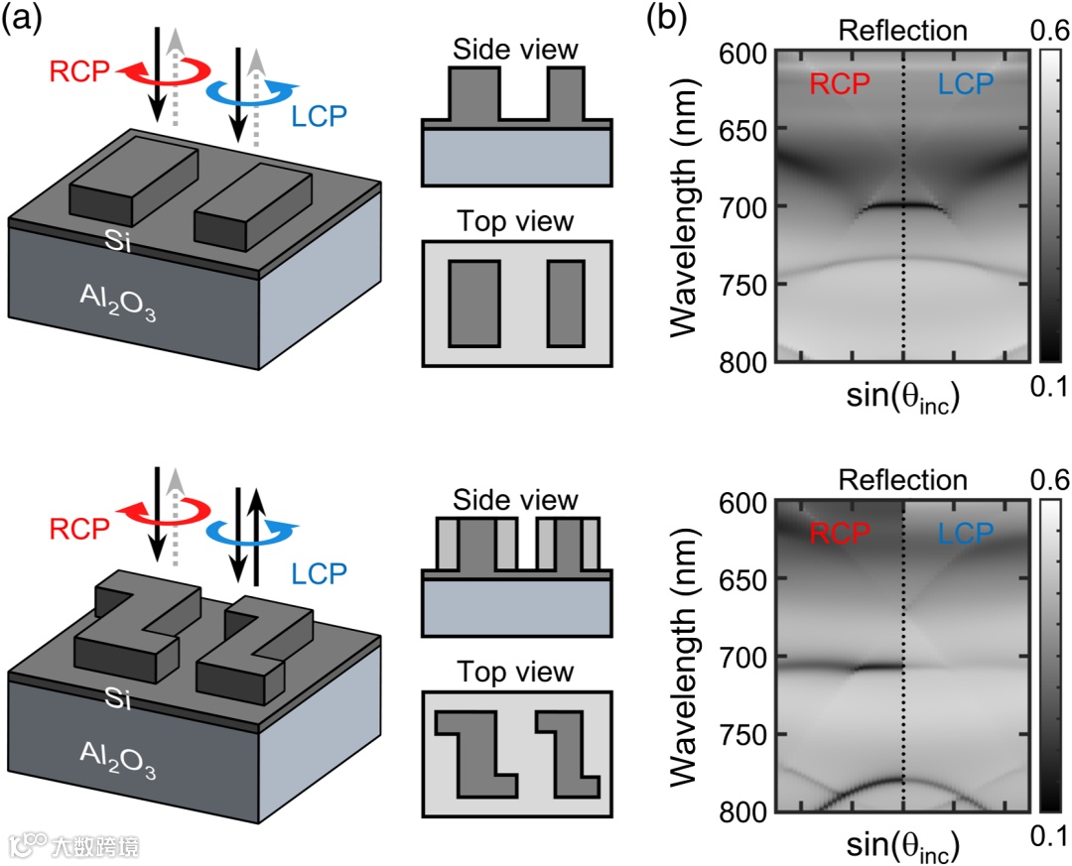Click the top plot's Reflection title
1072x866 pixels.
coord(902,30)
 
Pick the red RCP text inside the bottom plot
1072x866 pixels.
coord(840,534)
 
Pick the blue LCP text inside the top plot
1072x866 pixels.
coord(966,85)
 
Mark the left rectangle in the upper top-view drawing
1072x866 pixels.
coord(473,303)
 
